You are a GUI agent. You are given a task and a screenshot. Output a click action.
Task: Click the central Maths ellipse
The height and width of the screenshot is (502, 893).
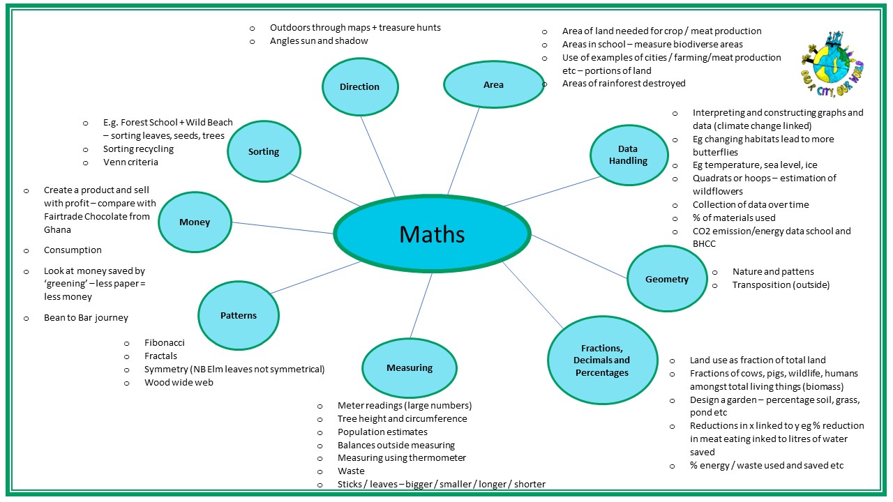pos(432,234)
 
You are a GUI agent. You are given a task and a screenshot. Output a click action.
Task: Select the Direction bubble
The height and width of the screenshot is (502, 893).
pos(360,86)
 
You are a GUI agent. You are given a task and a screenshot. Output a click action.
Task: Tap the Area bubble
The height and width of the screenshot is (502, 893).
pos(493,84)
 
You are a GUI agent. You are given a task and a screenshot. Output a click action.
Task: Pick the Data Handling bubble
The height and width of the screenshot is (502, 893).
pos(628,155)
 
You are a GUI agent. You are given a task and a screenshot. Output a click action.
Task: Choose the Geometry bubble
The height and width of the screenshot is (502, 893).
pos(667,279)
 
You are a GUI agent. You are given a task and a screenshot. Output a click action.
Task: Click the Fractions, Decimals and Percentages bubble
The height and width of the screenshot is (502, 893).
pos(601,360)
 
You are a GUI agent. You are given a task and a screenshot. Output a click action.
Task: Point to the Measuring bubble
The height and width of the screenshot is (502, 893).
pos(410,367)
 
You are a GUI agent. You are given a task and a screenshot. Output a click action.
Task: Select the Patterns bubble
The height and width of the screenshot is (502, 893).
pos(239,315)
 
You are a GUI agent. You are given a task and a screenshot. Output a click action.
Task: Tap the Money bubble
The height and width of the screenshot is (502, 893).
pos(195,222)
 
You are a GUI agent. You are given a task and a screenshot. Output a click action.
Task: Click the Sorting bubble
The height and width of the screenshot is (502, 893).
pos(264,151)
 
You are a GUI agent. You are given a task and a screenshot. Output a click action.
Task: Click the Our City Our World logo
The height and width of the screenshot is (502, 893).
pos(832,59)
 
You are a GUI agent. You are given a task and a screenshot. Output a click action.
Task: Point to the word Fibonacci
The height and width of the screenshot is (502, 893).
pos(165,342)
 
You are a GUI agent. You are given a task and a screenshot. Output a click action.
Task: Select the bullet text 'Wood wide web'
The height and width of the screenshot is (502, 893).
pos(179,382)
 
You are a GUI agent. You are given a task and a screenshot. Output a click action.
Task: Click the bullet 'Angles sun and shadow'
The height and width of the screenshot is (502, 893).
pos(319,40)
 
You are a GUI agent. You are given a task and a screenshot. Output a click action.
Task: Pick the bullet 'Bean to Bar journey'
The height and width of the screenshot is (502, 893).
pos(86,317)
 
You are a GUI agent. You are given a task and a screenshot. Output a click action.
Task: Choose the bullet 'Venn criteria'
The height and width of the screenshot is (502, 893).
pos(130,162)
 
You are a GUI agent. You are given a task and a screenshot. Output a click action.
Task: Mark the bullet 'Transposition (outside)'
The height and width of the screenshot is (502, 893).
pos(781,284)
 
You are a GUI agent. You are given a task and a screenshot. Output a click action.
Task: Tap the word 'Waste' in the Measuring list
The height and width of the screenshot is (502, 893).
pos(351,471)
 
